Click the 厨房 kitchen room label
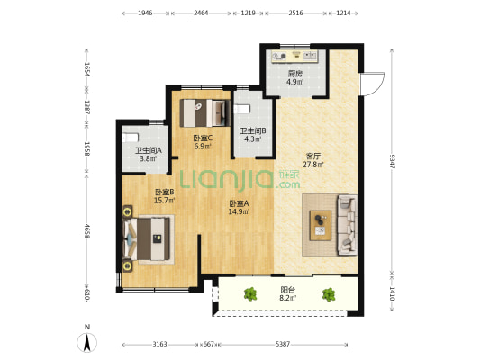pos(295,74)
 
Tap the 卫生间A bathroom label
pos(149,150)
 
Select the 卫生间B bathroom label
pos(253,131)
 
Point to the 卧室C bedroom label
pos(203,139)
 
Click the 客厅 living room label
pos(313,157)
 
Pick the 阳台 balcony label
pos(288,289)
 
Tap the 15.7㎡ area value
pos(165,201)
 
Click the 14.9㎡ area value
pos(239,211)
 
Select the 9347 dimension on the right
pos(392,161)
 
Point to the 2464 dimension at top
pos(201,13)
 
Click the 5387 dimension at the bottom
pos(282,345)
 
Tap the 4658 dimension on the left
pos(87,231)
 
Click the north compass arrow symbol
pos(87,343)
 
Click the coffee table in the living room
pos(321,225)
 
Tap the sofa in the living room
pos(347,225)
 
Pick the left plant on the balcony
pos(250,294)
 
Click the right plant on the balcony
pos(329,294)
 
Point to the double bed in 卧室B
pos(147,238)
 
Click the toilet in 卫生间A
pos(131,138)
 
